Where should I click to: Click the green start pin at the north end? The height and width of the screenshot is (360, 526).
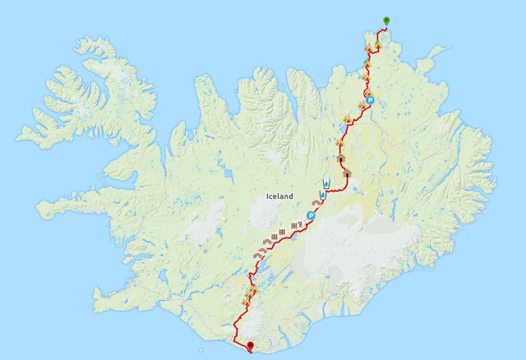click(387, 21)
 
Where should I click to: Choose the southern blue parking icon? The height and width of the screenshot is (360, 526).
click(311, 216)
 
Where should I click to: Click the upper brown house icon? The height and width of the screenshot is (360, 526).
click(340, 155)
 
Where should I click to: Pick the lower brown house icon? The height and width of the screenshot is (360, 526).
click(347, 173)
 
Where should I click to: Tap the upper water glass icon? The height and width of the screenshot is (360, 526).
click(327, 182)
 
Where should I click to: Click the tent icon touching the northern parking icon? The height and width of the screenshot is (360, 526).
click(366, 93)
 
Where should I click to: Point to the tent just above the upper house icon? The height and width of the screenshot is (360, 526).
click(339, 141)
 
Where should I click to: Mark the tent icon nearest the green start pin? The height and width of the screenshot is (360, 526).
click(377, 46)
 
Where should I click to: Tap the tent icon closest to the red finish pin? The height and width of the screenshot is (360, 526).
click(244, 302)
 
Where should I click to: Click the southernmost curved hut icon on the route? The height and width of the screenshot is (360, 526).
click(256, 256)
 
